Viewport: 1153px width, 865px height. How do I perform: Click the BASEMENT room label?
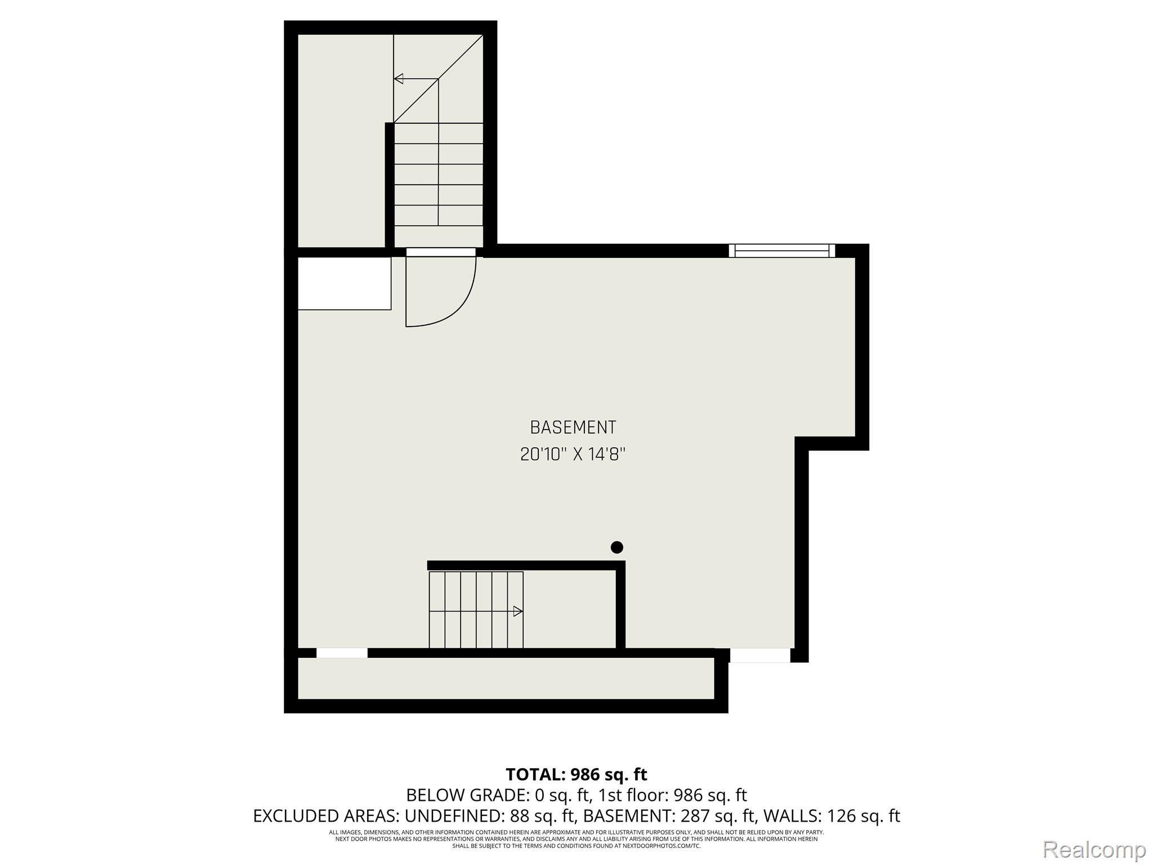click(x=573, y=427)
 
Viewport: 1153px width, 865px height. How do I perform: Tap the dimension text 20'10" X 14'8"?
click(x=573, y=454)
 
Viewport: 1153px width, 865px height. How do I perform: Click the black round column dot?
click(x=617, y=547)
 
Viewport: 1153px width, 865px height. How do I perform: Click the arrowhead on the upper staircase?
click(x=399, y=79)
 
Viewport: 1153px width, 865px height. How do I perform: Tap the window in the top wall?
click(x=782, y=251)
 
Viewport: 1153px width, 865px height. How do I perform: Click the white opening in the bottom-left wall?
click(x=342, y=653)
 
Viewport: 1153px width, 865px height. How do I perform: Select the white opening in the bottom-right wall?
click(x=760, y=655)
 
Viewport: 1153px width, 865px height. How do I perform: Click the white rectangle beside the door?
click(x=344, y=283)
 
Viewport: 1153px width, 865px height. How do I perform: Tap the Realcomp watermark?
click(x=1094, y=849)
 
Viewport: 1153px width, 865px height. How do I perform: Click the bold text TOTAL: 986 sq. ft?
click(x=576, y=774)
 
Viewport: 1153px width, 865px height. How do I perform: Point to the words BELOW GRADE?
click(x=466, y=795)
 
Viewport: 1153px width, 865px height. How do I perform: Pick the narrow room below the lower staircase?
click(x=506, y=679)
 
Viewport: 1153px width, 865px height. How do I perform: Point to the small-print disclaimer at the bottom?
click(x=576, y=839)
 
